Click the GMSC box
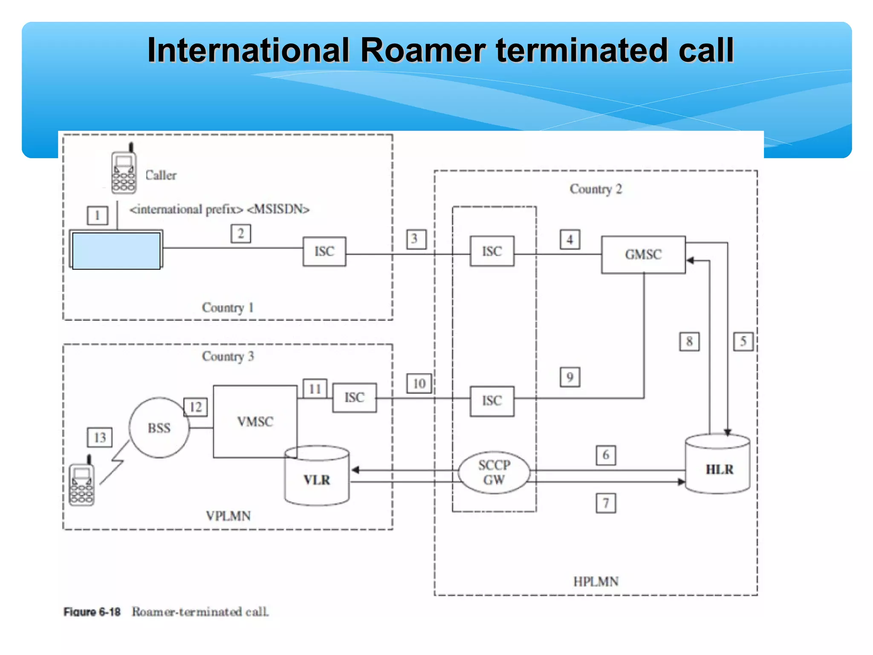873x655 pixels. pyautogui.click(x=643, y=255)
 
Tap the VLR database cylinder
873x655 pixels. pyautogui.click(x=317, y=477)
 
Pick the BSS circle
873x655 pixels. pyautogui.click(x=159, y=428)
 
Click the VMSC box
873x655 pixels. pyautogui.click(x=255, y=421)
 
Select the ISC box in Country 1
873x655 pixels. pyautogui.click(x=324, y=252)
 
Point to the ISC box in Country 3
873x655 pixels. pyautogui.click(x=354, y=397)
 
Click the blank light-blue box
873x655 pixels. pyautogui.click(x=116, y=250)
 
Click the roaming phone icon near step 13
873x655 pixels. pyautogui.click(x=82, y=483)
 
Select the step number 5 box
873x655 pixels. pyautogui.click(x=743, y=341)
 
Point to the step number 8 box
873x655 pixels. pyautogui.click(x=689, y=341)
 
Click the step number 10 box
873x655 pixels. pyautogui.click(x=419, y=383)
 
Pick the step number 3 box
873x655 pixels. pyautogui.click(x=416, y=239)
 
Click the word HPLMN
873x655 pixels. pyautogui.click(x=595, y=581)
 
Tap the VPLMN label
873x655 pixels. pyautogui.click(x=228, y=516)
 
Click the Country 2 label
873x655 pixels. pyautogui.click(x=595, y=189)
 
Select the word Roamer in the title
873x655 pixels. pyautogui.click(x=423, y=50)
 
